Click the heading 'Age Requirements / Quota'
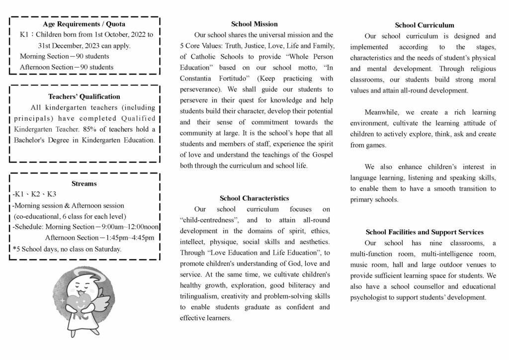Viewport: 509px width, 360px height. (84, 24)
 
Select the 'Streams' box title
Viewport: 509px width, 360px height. (84, 183)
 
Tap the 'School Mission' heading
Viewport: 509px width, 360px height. (254, 24)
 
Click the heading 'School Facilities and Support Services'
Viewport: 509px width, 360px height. (424, 232)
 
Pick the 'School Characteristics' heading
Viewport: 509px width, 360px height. (254, 198)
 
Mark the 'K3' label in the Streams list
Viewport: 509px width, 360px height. (52, 194)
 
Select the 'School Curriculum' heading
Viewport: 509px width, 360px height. (424, 25)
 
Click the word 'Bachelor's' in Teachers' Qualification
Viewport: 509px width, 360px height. (35, 140)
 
